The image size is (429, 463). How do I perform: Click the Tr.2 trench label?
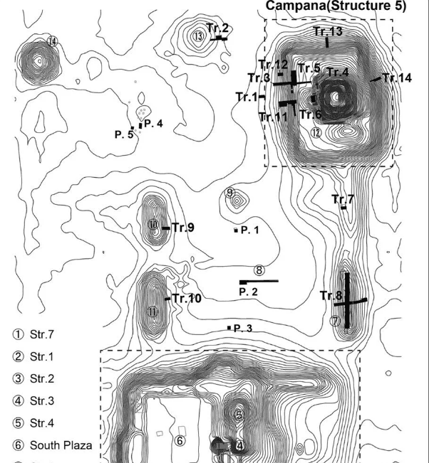tap(217, 28)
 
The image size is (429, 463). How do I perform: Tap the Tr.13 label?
tap(328, 31)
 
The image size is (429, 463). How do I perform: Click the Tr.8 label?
tap(331, 295)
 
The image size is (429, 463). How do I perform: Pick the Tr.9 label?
tap(183, 228)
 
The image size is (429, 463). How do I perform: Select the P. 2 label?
tap(249, 292)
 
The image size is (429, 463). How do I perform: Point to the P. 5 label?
tap(124, 134)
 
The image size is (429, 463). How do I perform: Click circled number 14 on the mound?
tap(52, 41)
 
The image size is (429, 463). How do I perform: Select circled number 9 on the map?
tap(229, 193)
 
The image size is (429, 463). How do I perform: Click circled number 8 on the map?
tap(259, 270)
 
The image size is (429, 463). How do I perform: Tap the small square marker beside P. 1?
tap(236, 230)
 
